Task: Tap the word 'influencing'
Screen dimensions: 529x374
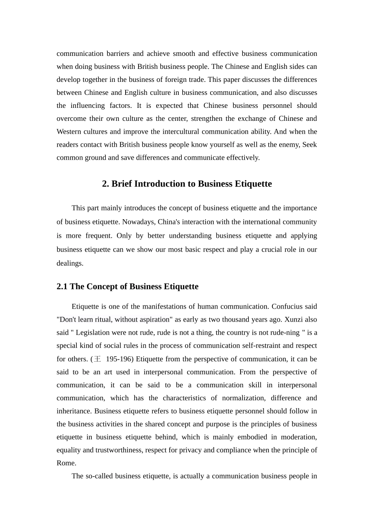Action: tap(87, 105)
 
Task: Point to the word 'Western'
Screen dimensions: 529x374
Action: tap(69, 131)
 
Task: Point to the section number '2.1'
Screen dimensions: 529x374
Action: tap(62, 287)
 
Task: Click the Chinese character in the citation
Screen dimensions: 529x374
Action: tap(98, 359)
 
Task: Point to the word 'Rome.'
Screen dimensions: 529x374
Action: tap(66, 463)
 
